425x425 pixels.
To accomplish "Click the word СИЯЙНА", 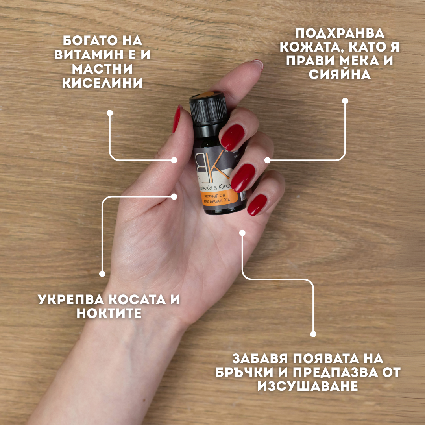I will pyautogui.click(x=340, y=75).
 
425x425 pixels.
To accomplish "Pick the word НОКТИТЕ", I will pyautogui.click(x=109, y=314).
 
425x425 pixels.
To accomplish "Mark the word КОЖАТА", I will pyautogui.click(x=302, y=47).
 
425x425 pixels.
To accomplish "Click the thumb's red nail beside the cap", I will pyautogui.click(x=176, y=119).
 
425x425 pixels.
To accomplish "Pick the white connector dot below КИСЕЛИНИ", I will pyautogui.click(x=110, y=113).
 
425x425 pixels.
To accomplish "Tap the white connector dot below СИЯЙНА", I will pyautogui.click(x=345, y=101).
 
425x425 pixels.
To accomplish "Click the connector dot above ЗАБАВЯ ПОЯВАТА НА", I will pyautogui.click(x=313, y=334).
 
